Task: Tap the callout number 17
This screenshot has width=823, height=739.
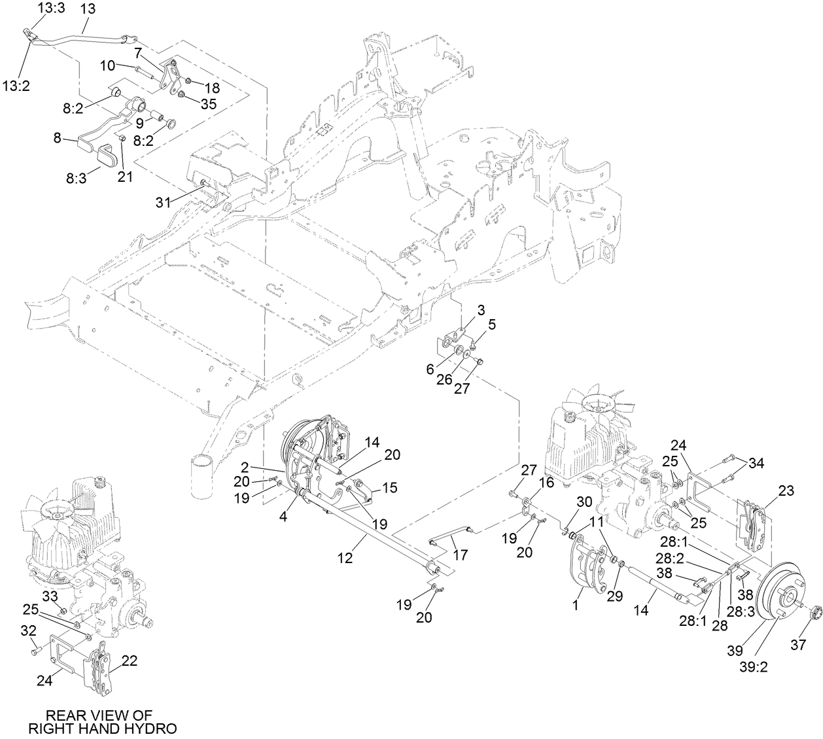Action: click(x=460, y=555)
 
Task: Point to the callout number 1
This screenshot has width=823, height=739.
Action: click(x=576, y=606)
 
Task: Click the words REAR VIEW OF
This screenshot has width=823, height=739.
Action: click(x=102, y=715)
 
